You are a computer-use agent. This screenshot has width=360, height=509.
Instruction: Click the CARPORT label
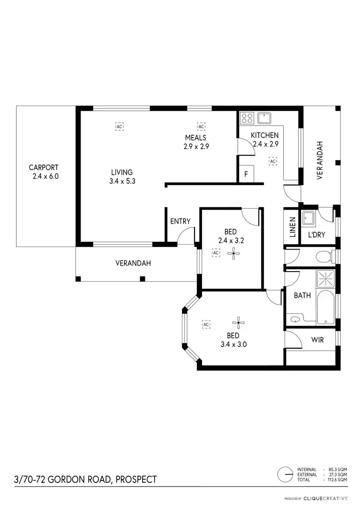[x=43, y=167]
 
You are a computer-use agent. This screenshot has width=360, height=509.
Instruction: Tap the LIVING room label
[x=121, y=172]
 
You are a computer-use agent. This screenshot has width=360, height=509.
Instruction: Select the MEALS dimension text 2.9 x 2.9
[x=196, y=147]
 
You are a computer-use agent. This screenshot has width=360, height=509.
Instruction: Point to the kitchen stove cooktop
[x=247, y=118]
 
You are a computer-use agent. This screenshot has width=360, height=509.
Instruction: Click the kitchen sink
[x=264, y=118]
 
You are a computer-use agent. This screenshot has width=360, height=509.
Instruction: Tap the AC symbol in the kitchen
[x=273, y=161]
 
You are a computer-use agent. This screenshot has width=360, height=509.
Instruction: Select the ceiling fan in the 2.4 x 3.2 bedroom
[x=234, y=253]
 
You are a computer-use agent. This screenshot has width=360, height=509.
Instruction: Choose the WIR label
[x=317, y=340]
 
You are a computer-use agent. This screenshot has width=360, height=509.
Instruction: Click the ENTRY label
[x=180, y=221]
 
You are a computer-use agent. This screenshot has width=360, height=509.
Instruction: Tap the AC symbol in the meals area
[x=201, y=126]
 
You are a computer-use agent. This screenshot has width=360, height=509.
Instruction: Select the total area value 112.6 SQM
[x=337, y=480]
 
